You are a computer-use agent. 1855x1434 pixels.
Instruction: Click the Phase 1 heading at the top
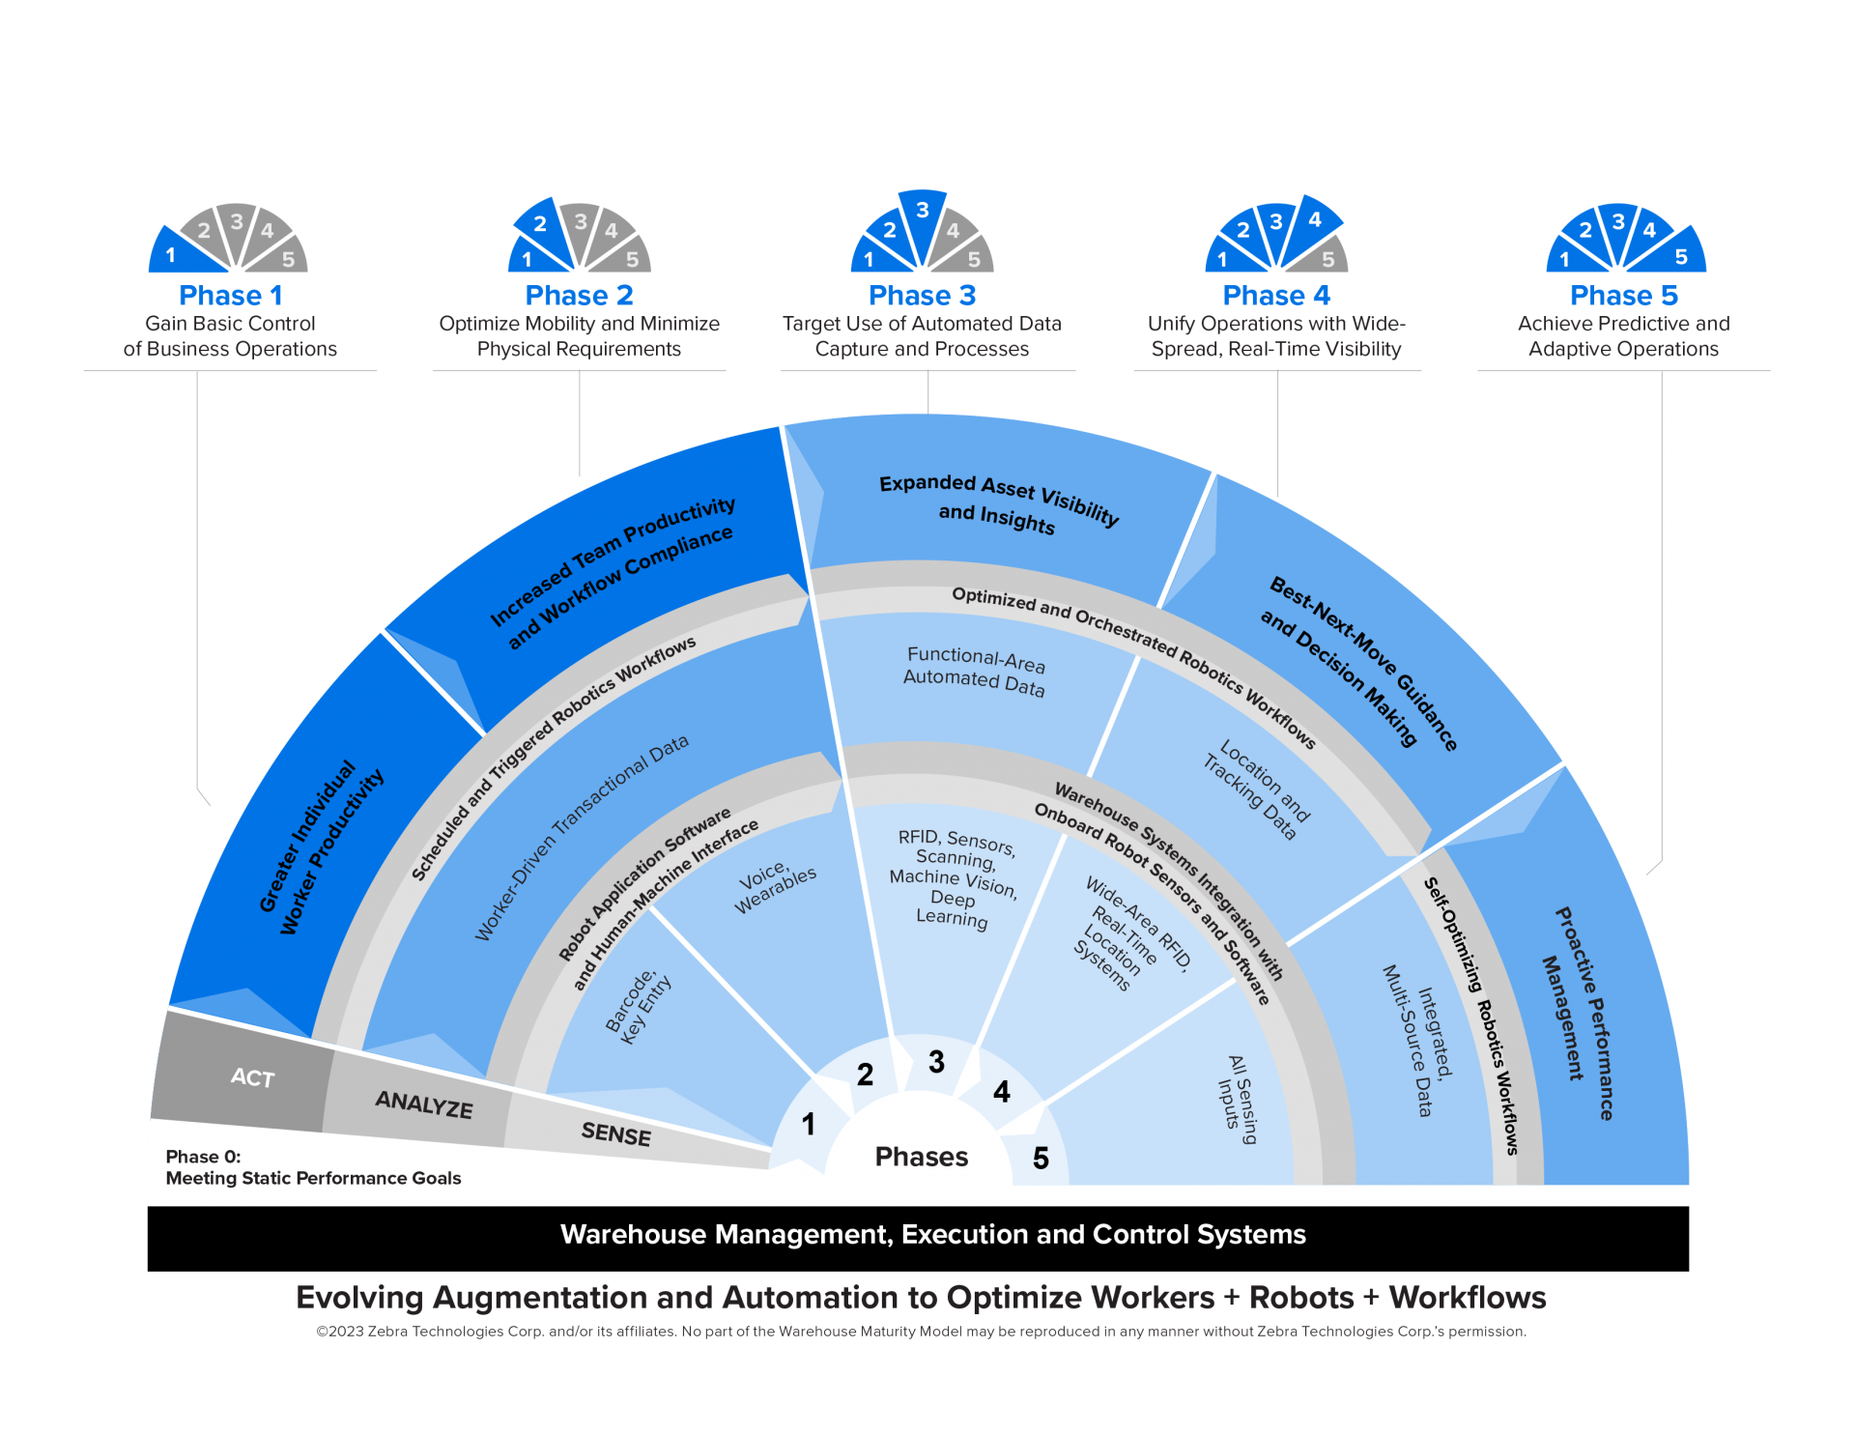(230, 296)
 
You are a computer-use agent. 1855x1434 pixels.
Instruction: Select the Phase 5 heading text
(1623, 296)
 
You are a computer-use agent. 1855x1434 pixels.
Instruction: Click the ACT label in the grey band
(252, 1077)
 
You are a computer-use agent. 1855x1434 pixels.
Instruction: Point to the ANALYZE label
(424, 1104)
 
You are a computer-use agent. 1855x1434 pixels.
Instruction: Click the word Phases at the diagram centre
(921, 1157)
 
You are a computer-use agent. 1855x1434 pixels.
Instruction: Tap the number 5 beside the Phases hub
(1041, 1158)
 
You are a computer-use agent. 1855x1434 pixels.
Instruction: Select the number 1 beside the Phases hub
(809, 1124)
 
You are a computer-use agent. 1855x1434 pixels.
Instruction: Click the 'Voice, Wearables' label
(775, 888)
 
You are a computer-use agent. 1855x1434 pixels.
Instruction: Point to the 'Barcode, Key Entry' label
(638, 1008)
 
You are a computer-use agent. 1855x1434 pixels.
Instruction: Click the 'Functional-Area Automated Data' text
(974, 671)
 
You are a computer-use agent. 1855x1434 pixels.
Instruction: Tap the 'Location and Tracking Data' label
(1256, 789)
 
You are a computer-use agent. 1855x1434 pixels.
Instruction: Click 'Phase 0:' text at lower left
(203, 1157)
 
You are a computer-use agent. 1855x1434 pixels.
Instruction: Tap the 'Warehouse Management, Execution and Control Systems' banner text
(932, 1234)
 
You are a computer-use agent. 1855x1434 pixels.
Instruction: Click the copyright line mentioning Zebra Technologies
(921, 1332)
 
